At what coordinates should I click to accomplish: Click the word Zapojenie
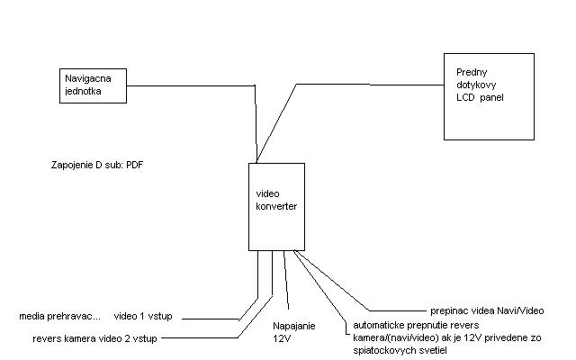(x=73, y=166)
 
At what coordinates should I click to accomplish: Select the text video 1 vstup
(x=148, y=316)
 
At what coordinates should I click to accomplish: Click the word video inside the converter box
(x=269, y=194)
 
